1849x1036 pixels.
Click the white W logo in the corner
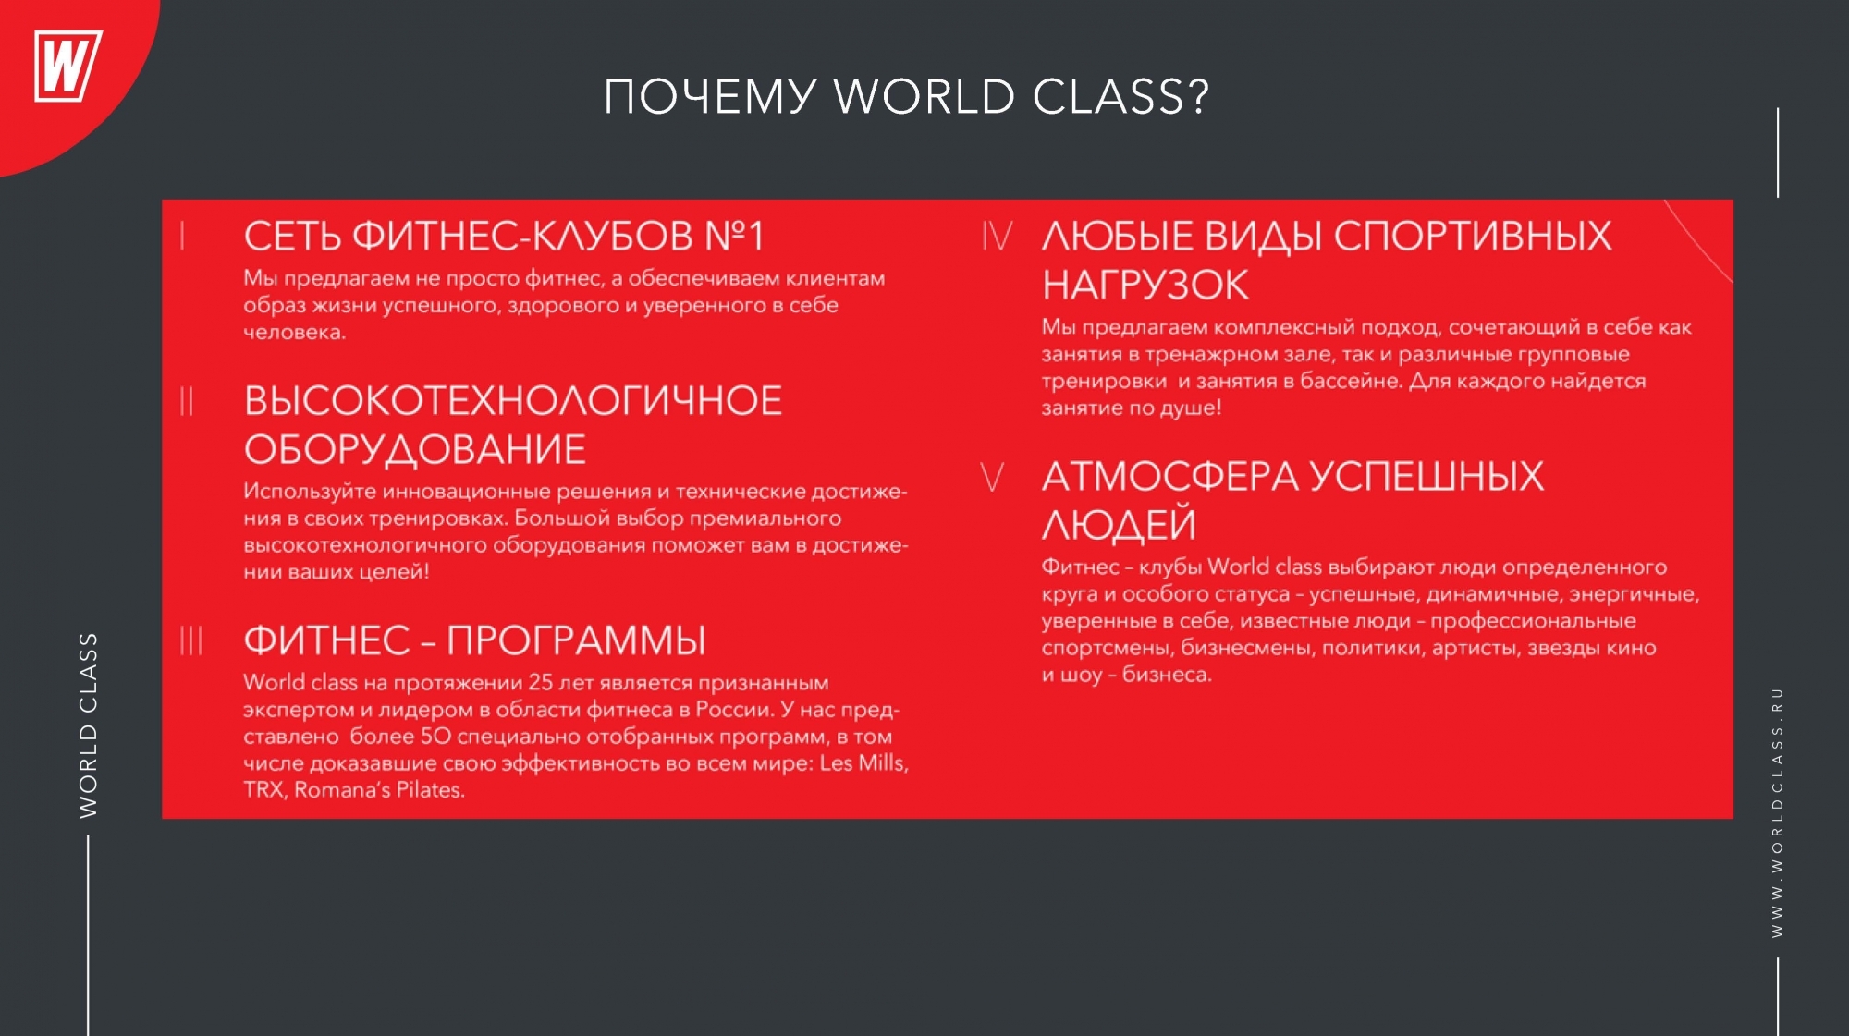tap(67, 66)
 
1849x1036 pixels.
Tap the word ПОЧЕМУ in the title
tap(710, 97)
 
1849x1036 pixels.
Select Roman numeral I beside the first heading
tap(183, 236)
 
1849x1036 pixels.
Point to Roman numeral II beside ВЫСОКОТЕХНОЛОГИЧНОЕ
tap(187, 401)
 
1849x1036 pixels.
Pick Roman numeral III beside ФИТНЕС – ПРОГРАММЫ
tap(190, 640)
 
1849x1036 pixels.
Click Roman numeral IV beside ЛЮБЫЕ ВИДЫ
tap(997, 236)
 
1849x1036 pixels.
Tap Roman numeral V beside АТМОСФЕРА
tap(992, 477)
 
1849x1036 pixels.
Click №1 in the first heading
tap(734, 237)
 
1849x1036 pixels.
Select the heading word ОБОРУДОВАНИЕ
tap(415, 450)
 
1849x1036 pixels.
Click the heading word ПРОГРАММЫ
tap(576, 640)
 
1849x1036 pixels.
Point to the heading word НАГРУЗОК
tap(1145, 285)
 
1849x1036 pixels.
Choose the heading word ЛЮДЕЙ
tap(1119, 525)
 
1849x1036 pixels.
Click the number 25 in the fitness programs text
tap(541, 682)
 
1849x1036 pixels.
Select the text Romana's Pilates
tap(379, 790)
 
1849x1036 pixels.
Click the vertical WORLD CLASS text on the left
tap(88, 725)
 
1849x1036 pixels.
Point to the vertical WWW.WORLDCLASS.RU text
tap(1777, 812)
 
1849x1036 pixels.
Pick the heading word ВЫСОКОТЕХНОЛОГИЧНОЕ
tap(513, 401)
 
